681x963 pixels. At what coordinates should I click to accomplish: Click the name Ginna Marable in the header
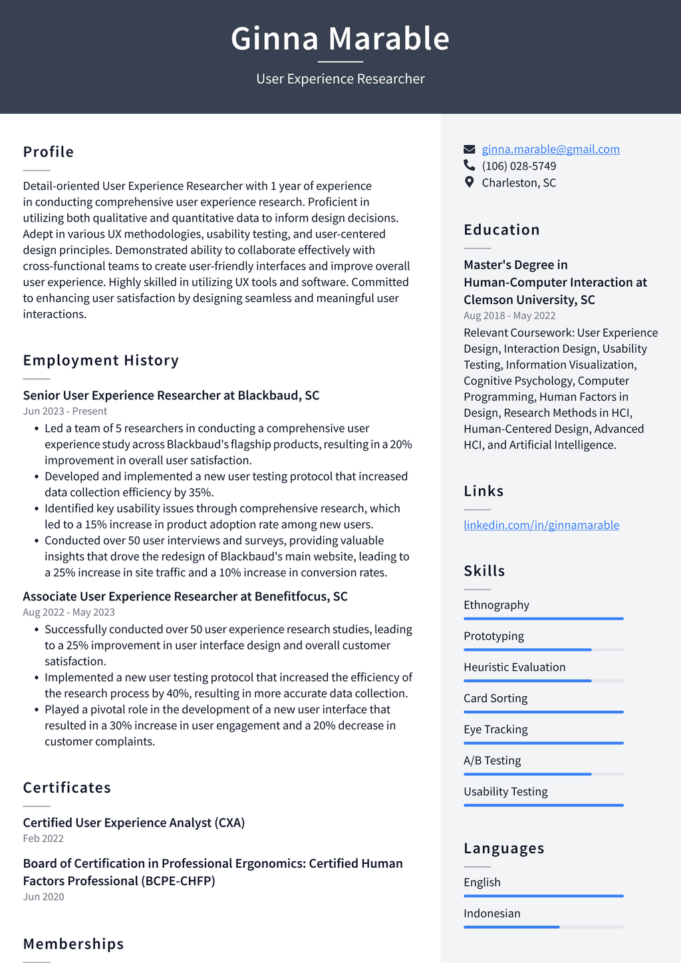click(340, 39)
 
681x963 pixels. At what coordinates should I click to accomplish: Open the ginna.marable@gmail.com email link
click(551, 149)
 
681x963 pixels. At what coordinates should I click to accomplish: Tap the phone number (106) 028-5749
click(519, 166)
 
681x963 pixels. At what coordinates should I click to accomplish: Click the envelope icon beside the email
click(470, 149)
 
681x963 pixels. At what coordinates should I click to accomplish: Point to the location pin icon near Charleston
click(470, 182)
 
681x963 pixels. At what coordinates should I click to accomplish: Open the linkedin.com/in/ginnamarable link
click(541, 525)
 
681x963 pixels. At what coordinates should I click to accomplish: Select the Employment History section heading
click(101, 360)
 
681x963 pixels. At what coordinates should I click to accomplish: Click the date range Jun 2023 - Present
click(65, 411)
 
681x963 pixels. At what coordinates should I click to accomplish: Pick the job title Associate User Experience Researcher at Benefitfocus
click(185, 596)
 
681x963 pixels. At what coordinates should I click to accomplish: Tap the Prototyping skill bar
click(543, 650)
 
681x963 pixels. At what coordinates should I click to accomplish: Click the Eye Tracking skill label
click(495, 729)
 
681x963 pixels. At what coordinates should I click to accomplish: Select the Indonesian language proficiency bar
click(543, 927)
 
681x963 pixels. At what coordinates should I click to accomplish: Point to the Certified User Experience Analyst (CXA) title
click(134, 823)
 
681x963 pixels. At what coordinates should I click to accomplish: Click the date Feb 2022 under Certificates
click(43, 839)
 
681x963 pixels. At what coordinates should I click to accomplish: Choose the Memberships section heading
click(73, 944)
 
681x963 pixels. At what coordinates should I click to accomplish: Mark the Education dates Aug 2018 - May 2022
click(509, 315)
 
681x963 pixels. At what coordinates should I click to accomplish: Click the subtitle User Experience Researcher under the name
click(340, 79)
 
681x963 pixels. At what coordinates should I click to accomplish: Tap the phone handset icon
click(470, 166)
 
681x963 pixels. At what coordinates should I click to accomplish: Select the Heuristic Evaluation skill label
click(514, 667)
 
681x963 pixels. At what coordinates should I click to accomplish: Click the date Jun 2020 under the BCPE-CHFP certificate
click(43, 896)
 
